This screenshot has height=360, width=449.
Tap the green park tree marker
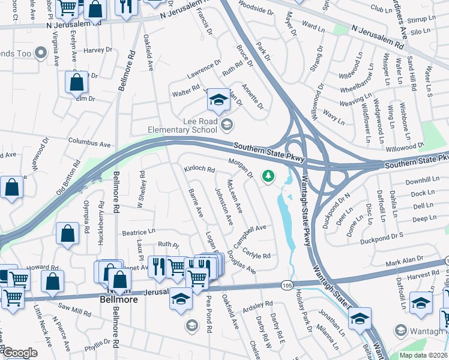(x=268, y=176)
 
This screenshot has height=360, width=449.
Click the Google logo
(x=20, y=353)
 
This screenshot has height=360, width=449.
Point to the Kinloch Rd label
(x=199, y=170)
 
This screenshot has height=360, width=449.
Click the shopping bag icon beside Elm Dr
(x=76, y=85)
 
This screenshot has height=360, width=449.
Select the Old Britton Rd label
(x=68, y=182)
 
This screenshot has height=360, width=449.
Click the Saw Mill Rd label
(x=74, y=310)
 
